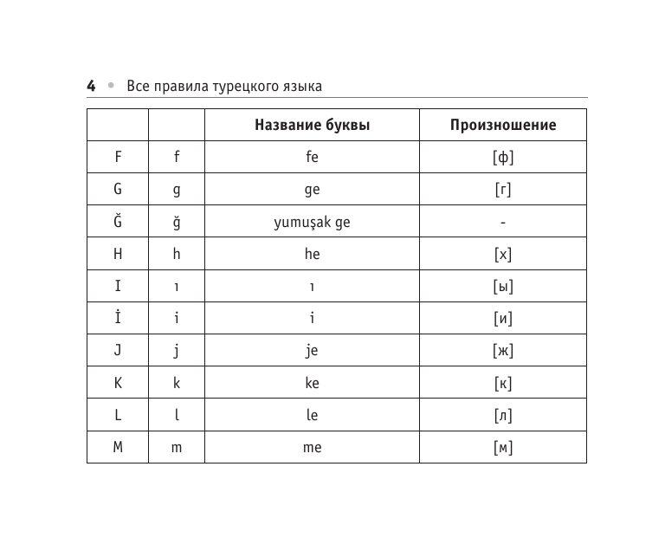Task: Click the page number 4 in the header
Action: coord(91,86)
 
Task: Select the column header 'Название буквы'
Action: coord(312,126)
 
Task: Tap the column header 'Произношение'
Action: coord(503,126)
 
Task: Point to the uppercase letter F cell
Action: coord(118,158)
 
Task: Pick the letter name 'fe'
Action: coord(312,158)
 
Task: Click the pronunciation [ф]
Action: coord(503,158)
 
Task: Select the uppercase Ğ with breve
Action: coord(118,221)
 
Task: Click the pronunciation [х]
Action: coord(503,255)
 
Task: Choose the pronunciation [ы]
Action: coord(503,287)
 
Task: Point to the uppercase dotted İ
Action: coord(118,318)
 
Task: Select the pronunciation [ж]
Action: coord(503,351)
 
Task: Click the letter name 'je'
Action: coord(312,351)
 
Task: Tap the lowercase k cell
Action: coord(177,383)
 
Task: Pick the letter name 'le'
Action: coord(312,415)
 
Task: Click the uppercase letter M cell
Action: coord(118,447)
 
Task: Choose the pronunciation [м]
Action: coord(503,448)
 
